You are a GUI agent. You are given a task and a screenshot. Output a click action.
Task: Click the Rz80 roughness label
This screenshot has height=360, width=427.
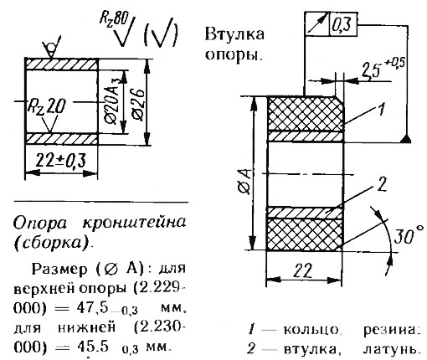click(x=114, y=19)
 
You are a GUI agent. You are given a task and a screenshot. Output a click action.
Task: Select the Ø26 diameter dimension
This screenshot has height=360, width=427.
click(x=138, y=105)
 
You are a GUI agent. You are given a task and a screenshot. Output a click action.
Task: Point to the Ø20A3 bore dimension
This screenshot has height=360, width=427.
click(x=113, y=101)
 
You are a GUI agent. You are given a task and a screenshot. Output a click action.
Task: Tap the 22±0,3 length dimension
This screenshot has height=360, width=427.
click(x=61, y=160)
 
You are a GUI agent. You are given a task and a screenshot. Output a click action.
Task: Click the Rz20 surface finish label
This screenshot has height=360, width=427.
click(x=46, y=106)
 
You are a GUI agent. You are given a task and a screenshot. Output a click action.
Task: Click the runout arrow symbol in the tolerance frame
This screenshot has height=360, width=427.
click(x=317, y=24)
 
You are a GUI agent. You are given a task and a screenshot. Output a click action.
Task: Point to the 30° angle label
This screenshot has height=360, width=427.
click(x=409, y=235)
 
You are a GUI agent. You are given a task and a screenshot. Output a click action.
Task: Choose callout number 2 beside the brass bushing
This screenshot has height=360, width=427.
click(x=382, y=184)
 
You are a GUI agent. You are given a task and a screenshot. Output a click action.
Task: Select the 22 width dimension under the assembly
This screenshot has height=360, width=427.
click(x=304, y=270)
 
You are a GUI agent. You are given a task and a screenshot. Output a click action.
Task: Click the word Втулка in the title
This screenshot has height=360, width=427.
click(x=234, y=35)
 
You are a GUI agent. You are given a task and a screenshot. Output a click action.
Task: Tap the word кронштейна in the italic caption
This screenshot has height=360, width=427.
click(x=135, y=223)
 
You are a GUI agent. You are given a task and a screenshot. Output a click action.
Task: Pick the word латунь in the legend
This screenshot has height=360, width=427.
click(x=392, y=349)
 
